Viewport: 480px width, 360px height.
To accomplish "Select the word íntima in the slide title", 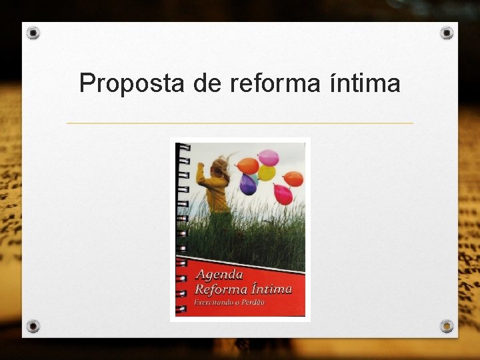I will pyautogui.click(x=365, y=84).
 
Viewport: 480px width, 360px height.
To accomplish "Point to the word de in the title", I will pyautogui.click(x=206, y=84).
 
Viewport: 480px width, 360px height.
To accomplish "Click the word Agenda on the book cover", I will pyautogui.click(x=219, y=275).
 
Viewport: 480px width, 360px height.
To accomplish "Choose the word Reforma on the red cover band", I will pyautogui.click(x=219, y=289).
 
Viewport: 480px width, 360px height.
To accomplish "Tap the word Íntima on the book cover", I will pyautogui.click(x=269, y=289).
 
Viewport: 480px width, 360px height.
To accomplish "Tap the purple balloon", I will pyautogui.click(x=248, y=184).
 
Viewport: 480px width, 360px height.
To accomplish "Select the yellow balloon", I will pyautogui.click(x=267, y=173).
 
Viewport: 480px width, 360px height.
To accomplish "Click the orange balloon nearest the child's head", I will pyautogui.click(x=247, y=165).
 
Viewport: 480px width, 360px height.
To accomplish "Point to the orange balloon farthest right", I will pyautogui.click(x=293, y=179).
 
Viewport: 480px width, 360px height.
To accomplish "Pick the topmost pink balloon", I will pyautogui.click(x=269, y=157).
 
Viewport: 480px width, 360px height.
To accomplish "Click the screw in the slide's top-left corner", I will pyautogui.click(x=33, y=33).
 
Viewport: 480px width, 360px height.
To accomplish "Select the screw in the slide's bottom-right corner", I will pyautogui.click(x=447, y=326).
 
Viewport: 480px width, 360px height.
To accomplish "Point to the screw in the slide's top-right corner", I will pyautogui.click(x=447, y=33).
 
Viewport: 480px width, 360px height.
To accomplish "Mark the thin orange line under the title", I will pyautogui.click(x=240, y=123).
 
